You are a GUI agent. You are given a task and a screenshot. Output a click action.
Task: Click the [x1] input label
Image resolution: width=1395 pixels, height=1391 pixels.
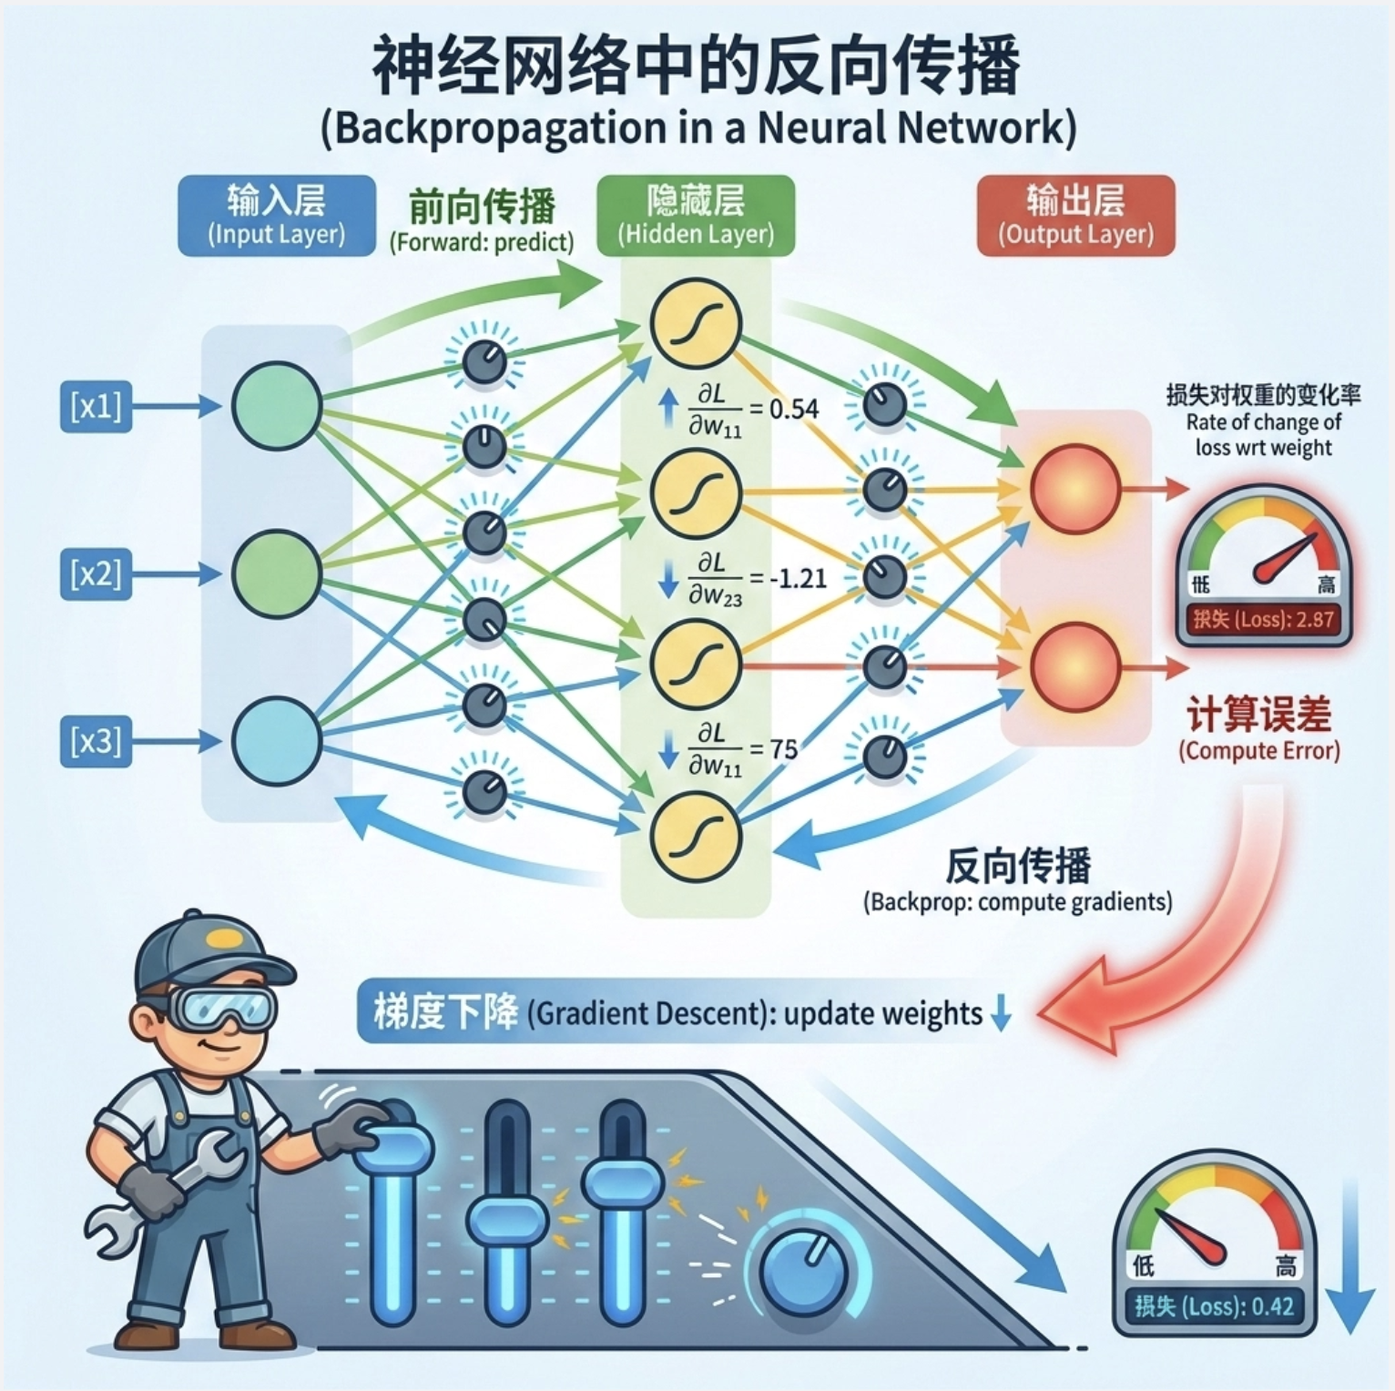[96, 406]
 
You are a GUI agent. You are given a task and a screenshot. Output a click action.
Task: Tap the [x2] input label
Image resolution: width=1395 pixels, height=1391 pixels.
[96, 574]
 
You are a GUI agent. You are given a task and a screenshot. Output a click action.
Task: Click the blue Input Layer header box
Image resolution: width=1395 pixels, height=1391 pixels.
[277, 216]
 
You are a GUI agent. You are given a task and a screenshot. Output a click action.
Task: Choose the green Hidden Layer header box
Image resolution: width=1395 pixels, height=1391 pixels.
[696, 216]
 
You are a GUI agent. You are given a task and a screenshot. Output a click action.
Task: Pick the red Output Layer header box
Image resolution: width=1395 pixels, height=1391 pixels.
[1075, 216]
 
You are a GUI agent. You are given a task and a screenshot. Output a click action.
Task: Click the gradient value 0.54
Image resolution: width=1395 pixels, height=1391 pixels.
[794, 410]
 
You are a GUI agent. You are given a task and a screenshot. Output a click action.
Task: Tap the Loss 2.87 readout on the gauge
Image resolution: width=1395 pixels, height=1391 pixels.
[1263, 620]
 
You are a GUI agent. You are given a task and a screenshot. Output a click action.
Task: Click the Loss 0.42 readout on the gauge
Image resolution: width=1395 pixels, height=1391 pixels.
[1214, 1306]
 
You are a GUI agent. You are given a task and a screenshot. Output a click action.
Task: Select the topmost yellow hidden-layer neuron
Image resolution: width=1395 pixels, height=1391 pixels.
[696, 323]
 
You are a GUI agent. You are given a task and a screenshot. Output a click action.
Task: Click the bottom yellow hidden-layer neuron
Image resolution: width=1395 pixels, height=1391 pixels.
[696, 837]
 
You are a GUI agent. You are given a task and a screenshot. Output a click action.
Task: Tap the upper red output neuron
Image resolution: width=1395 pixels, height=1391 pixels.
[1074, 489]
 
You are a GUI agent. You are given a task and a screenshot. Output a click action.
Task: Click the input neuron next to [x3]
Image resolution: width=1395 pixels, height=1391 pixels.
[276, 741]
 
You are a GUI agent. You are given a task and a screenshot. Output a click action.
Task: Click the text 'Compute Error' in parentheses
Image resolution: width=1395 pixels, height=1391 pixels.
[1259, 751]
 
